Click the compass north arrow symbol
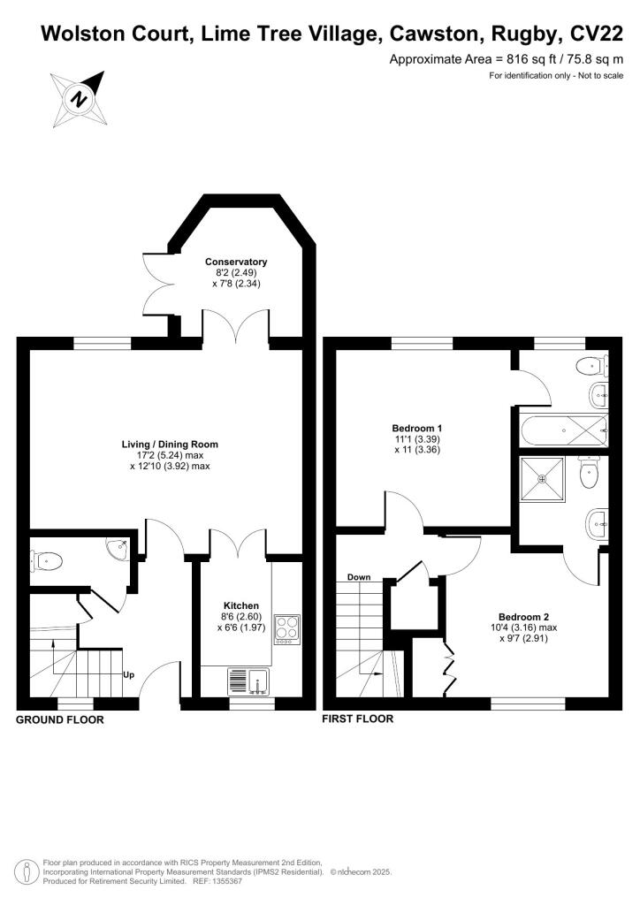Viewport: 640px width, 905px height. click(80, 97)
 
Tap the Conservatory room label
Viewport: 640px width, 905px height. click(236, 262)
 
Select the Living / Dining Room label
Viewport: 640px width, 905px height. click(170, 445)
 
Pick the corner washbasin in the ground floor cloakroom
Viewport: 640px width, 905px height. click(117, 551)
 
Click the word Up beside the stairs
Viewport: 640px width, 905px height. click(128, 675)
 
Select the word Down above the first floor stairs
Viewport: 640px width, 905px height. click(359, 577)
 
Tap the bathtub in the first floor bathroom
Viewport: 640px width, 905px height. click(561, 432)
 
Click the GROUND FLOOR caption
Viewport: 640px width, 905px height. click(60, 720)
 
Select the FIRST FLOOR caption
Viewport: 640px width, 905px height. click(358, 719)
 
